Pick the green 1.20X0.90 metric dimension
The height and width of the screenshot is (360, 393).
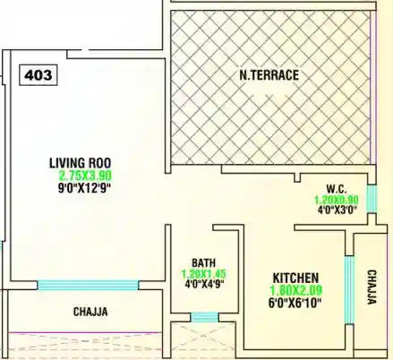(336, 200)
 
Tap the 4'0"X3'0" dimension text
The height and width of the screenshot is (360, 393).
(336, 211)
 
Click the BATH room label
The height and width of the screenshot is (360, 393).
(203, 263)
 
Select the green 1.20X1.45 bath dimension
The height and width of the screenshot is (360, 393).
(203, 275)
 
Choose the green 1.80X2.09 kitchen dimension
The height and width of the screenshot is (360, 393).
(296, 290)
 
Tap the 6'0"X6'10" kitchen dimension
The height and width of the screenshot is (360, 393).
(296, 303)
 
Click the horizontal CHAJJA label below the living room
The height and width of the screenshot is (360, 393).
(90, 313)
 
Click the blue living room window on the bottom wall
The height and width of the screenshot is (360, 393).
(88, 286)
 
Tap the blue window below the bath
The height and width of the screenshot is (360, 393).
(205, 316)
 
